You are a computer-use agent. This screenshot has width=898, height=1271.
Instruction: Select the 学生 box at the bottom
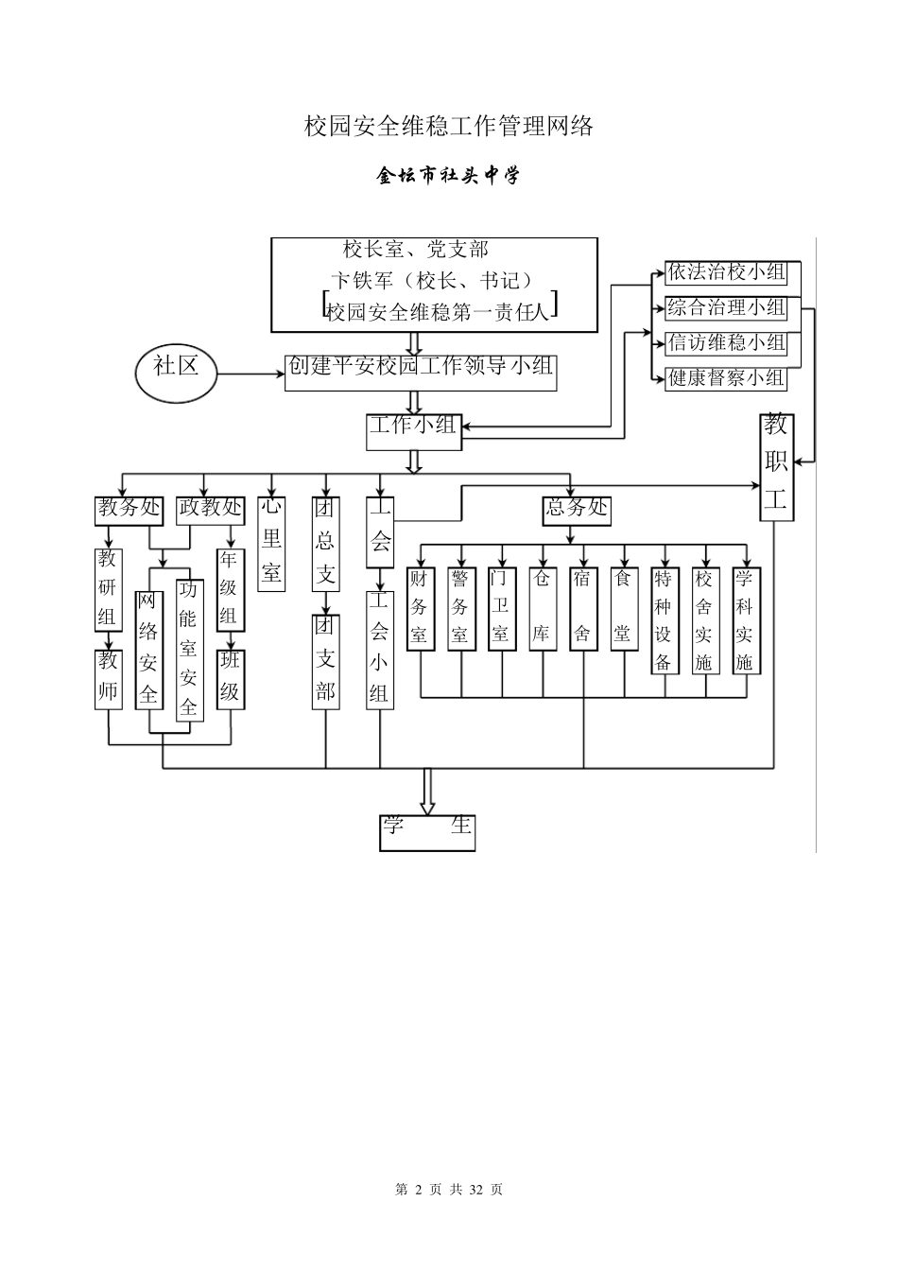coord(427,832)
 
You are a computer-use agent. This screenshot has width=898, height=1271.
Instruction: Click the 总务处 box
coord(577,509)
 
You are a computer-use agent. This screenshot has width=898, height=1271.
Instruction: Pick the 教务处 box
coord(130,509)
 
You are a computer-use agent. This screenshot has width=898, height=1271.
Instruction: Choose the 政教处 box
coord(210,509)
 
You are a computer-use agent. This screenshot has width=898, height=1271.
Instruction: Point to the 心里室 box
coord(271,544)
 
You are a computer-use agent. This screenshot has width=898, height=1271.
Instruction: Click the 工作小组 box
coord(412,427)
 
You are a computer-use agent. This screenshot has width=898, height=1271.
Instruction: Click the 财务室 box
coord(419,607)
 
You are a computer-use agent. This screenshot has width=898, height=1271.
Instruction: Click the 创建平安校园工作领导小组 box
coord(421,372)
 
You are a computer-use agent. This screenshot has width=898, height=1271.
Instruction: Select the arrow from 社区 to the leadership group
coord(251,374)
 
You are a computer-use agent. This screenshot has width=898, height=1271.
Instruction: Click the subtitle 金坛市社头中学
coord(449,176)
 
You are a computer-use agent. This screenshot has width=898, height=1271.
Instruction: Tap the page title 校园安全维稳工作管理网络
coord(449,126)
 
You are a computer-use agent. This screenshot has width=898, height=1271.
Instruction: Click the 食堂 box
coord(622,607)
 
